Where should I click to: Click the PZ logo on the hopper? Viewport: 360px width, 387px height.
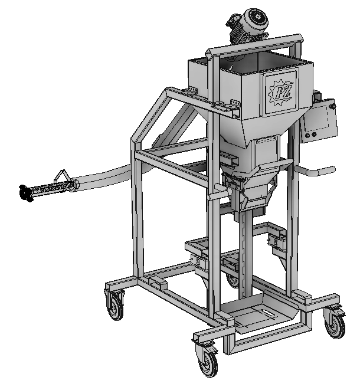[282, 93]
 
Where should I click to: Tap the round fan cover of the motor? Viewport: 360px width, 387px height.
[257, 20]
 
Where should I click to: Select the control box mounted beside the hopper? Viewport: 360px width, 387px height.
[319, 120]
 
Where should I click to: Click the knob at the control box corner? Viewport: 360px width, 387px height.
[333, 106]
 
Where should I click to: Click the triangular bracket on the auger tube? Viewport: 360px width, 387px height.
[62, 176]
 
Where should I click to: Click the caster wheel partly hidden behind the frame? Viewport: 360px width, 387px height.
[233, 279]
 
